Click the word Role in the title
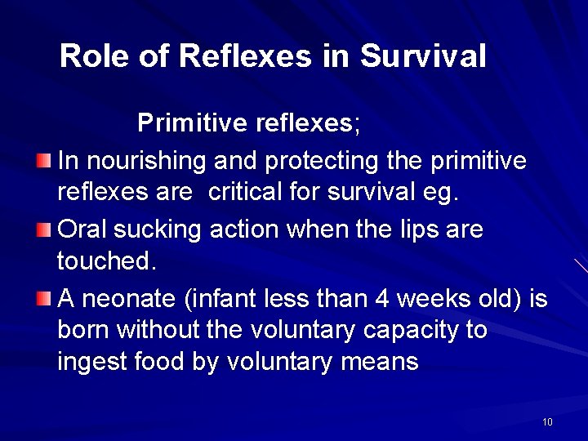click(x=91, y=56)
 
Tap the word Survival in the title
click(x=423, y=56)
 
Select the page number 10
click(x=547, y=421)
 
